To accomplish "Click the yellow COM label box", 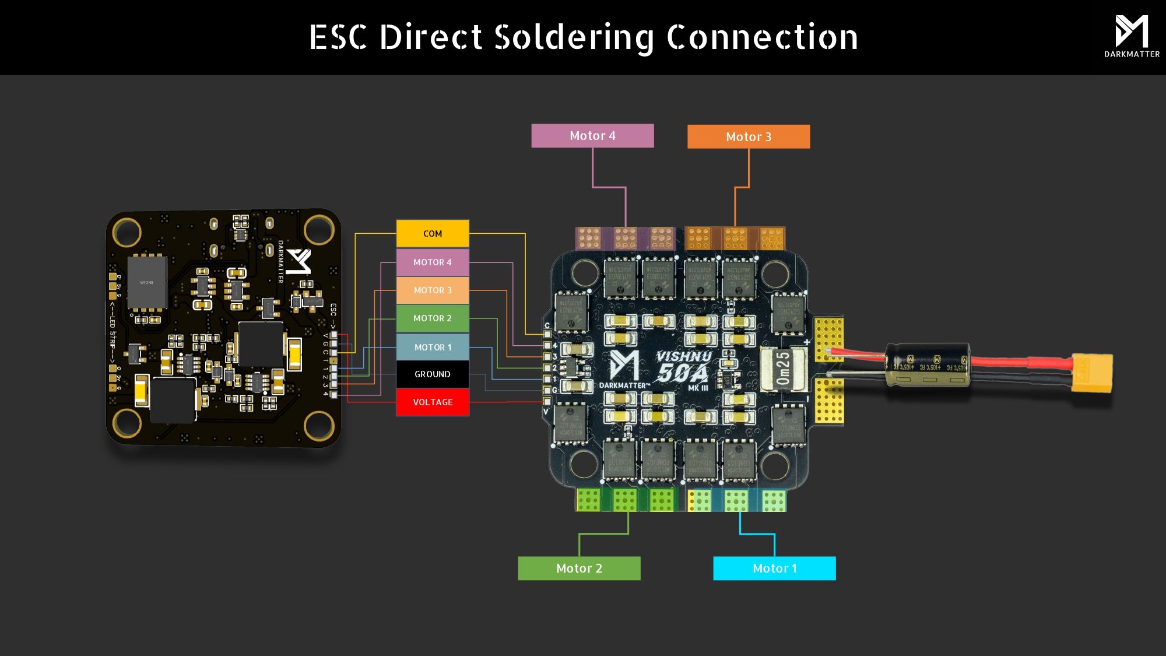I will click(433, 233).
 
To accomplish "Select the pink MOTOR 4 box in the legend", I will click(433, 262).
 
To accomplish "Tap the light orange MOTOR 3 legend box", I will click(433, 290).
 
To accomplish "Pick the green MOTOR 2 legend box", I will click(433, 318).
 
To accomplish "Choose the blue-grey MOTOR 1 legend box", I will click(433, 347).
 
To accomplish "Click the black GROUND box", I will click(433, 374).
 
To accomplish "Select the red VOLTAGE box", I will click(433, 402).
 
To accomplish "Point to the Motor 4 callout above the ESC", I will click(592, 136).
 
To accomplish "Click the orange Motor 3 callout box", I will click(749, 136).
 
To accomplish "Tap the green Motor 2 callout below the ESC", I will click(579, 569).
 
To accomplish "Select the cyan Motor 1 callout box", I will click(774, 569).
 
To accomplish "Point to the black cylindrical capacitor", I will click(927, 364).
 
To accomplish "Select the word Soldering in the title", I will click(574, 37).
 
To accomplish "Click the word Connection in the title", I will click(762, 37).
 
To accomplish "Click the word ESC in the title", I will click(338, 37).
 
